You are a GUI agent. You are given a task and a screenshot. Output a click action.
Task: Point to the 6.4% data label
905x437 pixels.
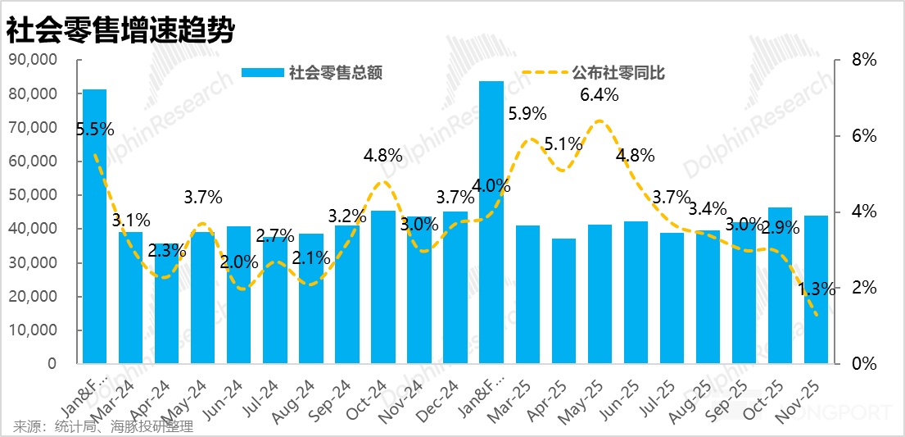pyautogui.click(x=599, y=95)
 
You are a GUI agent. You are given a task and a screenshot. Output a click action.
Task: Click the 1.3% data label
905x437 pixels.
pyautogui.click(x=816, y=289)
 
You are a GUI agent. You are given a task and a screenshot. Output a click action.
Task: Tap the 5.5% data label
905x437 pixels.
pyautogui.click(x=94, y=129)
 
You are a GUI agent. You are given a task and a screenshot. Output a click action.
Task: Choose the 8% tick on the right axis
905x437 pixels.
pyautogui.click(x=863, y=60)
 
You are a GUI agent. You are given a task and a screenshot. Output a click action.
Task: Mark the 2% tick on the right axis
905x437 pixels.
pyautogui.click(x=863, y=288)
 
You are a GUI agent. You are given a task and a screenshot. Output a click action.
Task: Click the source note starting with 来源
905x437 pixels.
pyautogui.click(x=103, y=426)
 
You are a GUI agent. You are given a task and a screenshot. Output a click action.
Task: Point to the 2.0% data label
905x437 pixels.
pyautogui.click(x=238, y=262)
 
